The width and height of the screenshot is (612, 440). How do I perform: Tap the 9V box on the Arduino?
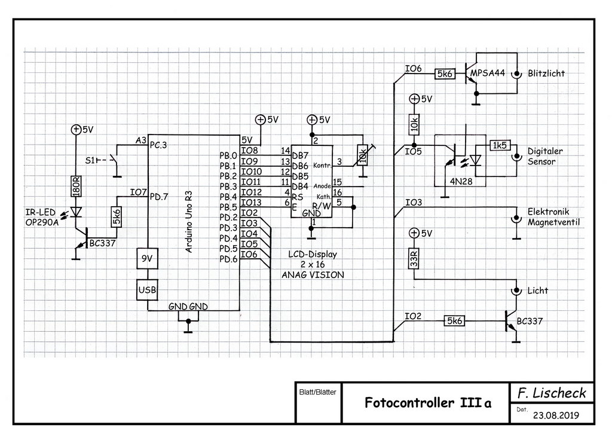(146, 260)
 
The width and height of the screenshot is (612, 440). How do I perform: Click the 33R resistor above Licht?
(413, 258)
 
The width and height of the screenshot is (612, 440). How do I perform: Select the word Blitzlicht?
(546, 74)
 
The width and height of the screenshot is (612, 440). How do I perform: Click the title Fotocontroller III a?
(428, 402)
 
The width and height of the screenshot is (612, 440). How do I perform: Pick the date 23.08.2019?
(555, 415)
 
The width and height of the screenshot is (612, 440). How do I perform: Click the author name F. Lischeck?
(552, 393)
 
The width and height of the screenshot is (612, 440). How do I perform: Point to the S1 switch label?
(90, 160)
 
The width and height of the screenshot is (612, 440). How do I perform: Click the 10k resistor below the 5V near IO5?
(413, 125)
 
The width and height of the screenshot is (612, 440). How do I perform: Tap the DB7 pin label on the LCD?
(299, 155)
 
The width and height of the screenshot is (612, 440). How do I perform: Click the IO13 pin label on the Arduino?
(251, 202)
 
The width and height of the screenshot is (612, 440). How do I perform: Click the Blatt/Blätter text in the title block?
(316, 393)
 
